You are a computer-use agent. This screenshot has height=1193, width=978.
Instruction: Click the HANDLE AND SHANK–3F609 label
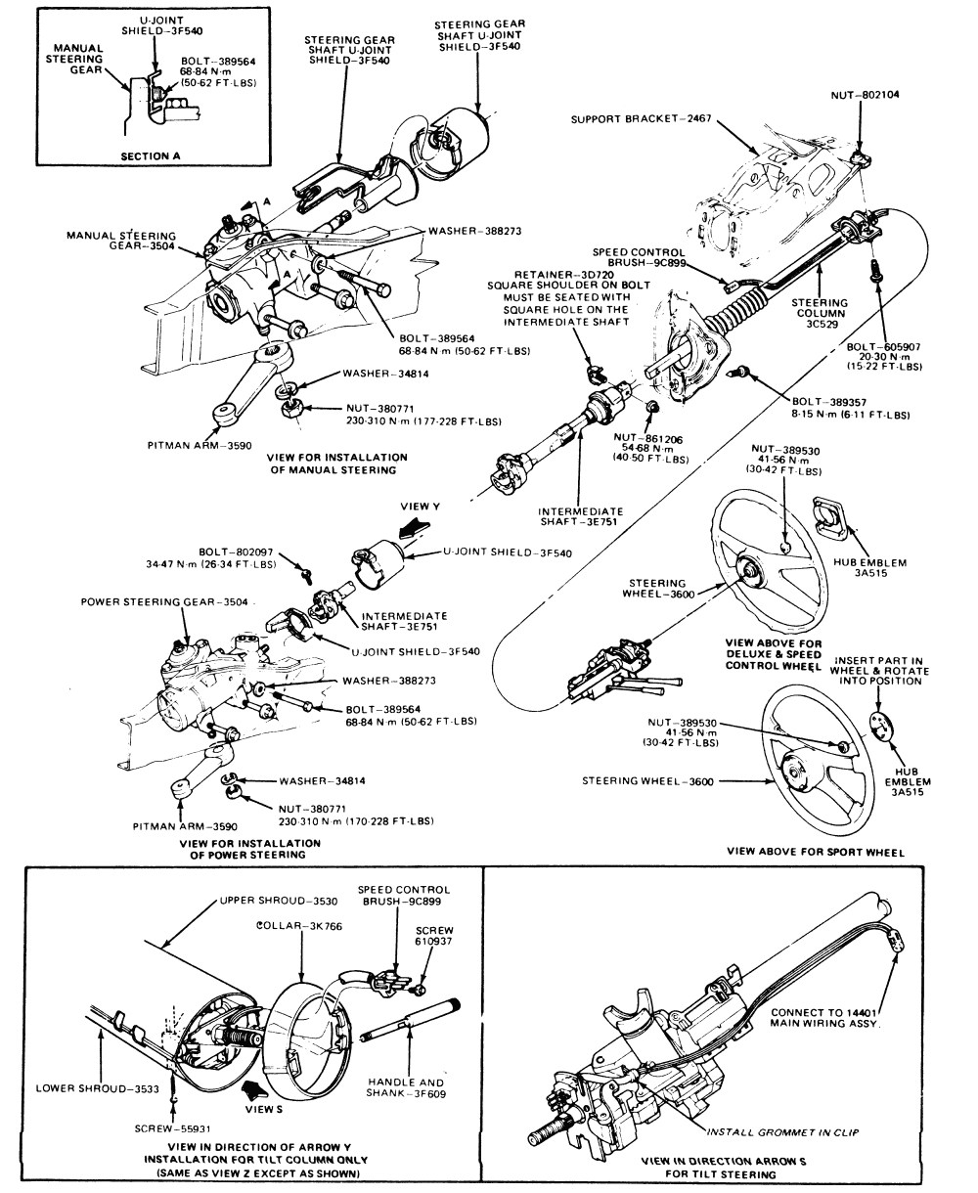tap(404, 1088)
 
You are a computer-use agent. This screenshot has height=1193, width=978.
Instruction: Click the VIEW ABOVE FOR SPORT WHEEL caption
tap(816, 852)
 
